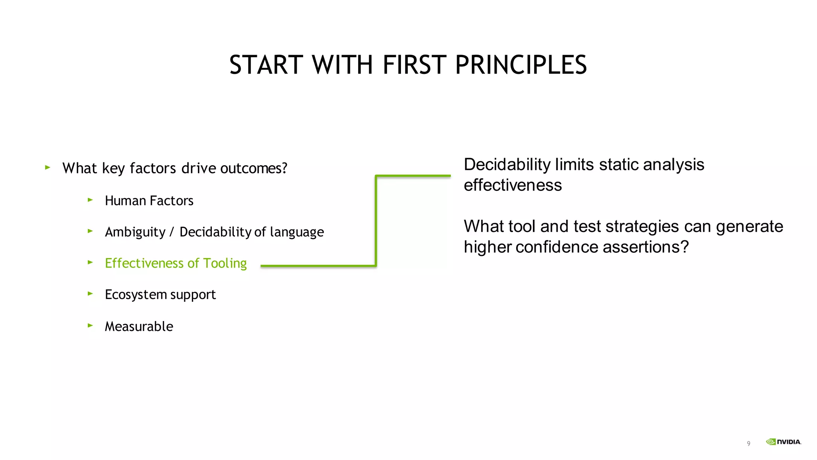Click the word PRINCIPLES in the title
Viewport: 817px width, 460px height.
pyautogui.click(x=521, y=65)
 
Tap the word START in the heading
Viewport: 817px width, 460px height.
pyautogui.click(x=266, y=65)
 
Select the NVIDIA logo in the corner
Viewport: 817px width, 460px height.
pyautogui.click(x=783, y=442)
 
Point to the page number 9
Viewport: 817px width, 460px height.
pyautogui.click(x=748, y=444)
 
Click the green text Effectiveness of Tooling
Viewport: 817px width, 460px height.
pyautogui.click(x=176, y=263)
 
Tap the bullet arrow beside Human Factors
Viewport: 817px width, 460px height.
pyautogui.click(x=90, y=200)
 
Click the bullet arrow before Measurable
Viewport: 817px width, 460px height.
pyautogui.click(x=90, y=325)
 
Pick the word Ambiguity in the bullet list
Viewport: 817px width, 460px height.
pyautogui.click(x=135, y=232)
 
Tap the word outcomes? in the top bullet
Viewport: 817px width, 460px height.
pyautogui.click(x=253, y=169)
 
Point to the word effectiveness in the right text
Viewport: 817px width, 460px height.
pyautogui.click(x=513, y=186)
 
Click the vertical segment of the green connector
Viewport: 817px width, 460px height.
pyautogui.click(x=376, y=220)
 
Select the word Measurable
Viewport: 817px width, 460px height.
pyautogui.click(x=139, y=327)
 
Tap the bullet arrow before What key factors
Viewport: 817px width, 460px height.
pyautogui.click(x=48, y=168)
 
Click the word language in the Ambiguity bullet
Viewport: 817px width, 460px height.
pyautogui.click(x=297, y=232)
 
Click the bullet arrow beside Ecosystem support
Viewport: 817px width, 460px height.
pyautogui.click(x=90, y=294)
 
